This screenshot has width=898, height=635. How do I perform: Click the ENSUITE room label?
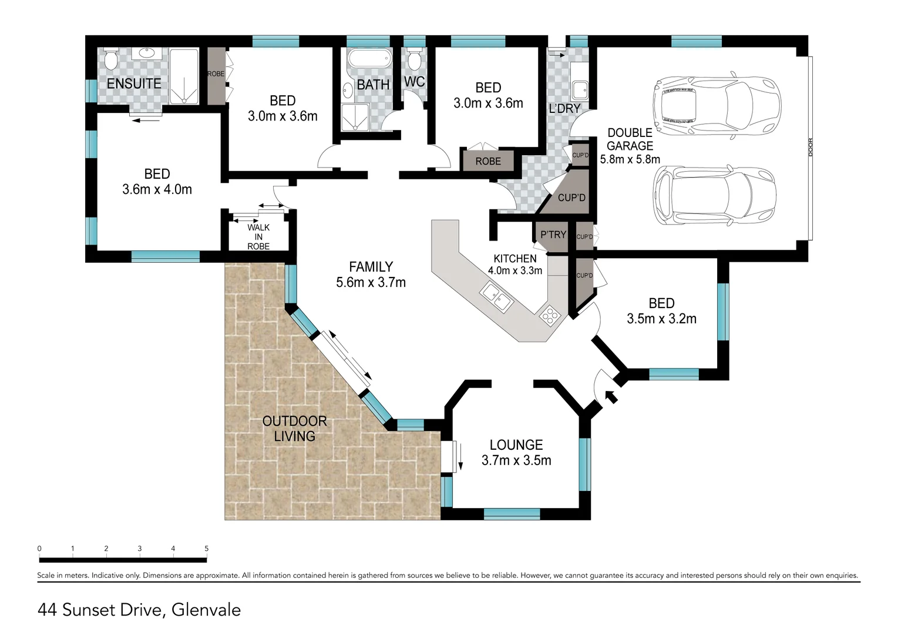[134, 83]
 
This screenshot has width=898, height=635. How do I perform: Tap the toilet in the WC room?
[414, 59]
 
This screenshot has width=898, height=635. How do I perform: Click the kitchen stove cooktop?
[549, 316]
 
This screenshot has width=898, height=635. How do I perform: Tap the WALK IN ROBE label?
[258, 237]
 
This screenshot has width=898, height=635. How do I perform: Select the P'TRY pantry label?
[553, 235]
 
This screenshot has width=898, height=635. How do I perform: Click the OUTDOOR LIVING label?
[294, 428]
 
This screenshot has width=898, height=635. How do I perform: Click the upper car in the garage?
[717, 105]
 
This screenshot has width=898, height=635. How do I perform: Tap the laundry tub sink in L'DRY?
[580, 91]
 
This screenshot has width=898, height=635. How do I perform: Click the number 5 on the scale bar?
[207, 549]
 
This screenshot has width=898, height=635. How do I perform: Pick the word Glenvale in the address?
[206, 610]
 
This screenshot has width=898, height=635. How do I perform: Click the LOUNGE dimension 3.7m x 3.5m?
[516, 460]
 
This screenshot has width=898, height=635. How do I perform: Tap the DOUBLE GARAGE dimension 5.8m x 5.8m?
[630, 159]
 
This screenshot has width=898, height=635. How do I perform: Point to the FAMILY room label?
[371, 267]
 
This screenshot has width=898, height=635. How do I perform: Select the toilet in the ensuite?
[110, 59]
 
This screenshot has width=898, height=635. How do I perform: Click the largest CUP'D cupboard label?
[571, 198]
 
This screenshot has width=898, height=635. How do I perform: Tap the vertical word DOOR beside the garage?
[810, 148]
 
